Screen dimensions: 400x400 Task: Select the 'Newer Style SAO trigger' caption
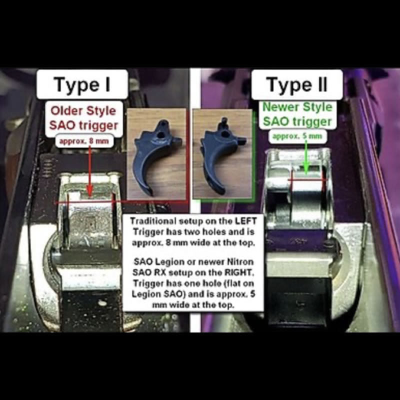tap(297, 114)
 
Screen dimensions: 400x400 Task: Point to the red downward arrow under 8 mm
tap(88, 170)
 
